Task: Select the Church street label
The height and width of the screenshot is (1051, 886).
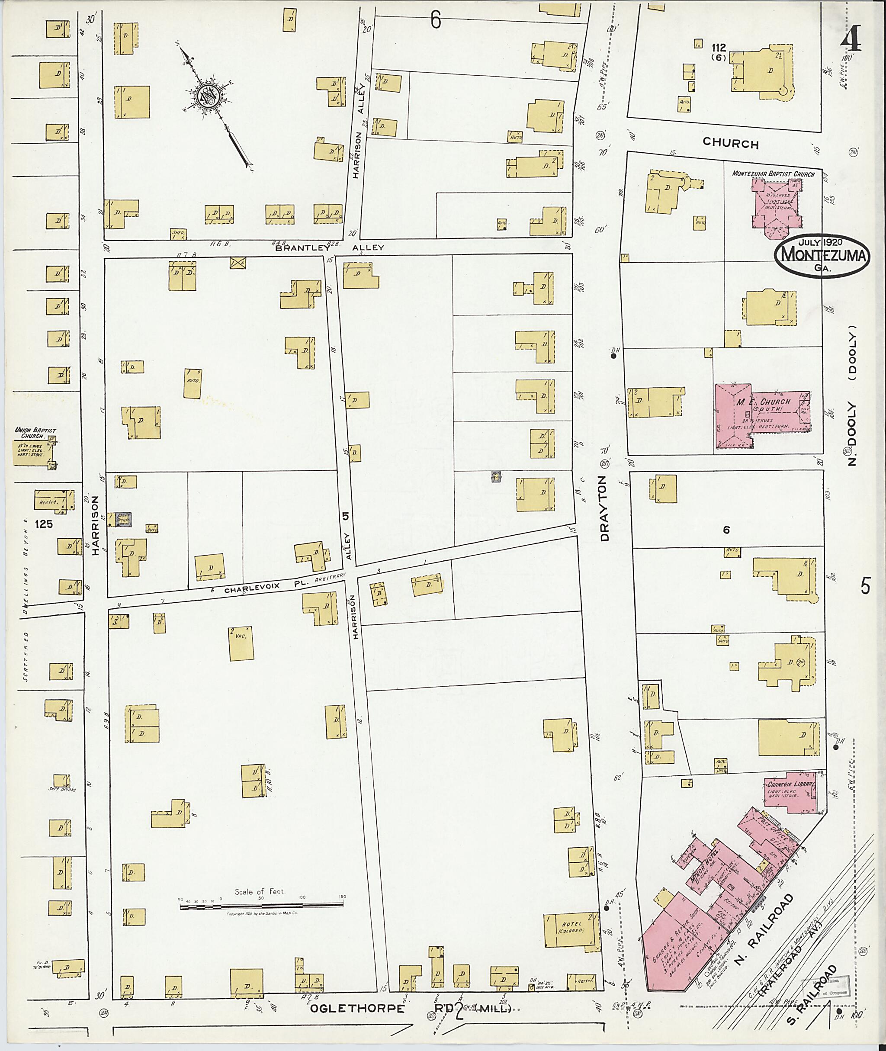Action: click(x=730, y=143)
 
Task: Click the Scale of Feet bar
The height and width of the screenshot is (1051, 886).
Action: click(x=261, y=906)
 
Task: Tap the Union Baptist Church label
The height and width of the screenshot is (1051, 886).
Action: click(x=35, y=433)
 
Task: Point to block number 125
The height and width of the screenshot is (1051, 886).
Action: click(x=44, y=524)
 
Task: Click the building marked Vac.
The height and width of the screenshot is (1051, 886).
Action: click(x=241, y=643)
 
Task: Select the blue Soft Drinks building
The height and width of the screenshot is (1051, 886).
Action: click(x=123, y=520)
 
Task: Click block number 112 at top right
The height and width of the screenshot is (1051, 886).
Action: click(x=719, y=48)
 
